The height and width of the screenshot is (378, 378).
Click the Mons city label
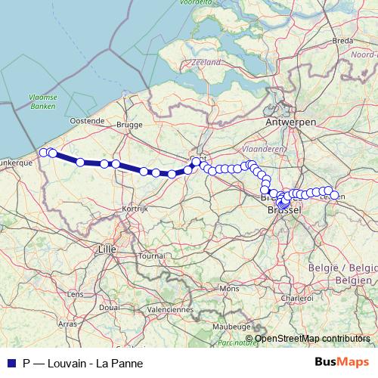point(228,288)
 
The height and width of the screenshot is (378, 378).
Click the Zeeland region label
point(206,61)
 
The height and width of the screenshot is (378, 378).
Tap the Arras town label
point(67,324)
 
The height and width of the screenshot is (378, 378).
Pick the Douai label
point(109,308)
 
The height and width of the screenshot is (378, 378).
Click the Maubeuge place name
point(231,325)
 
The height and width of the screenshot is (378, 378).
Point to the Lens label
point(76,293)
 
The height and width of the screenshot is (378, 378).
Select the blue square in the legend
point(11,362)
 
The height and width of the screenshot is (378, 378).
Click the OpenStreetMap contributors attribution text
point(312,338)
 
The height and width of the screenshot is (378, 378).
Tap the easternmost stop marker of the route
point(334,195)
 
